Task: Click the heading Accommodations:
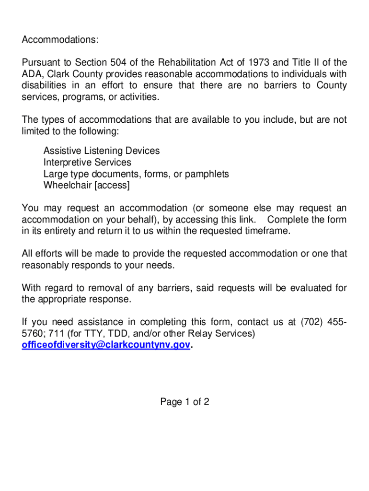60,40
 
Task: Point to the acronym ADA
32,74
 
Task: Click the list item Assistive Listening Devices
102,151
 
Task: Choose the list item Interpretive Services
87,162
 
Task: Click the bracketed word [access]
112,185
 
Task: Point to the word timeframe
267,231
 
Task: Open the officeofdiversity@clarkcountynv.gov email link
106,345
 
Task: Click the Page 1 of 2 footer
184,402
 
